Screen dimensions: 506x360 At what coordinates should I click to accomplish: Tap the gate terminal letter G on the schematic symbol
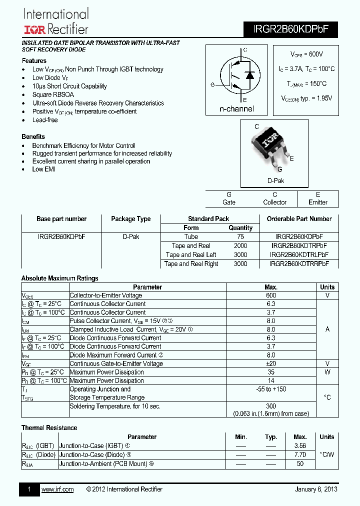pos(212,85)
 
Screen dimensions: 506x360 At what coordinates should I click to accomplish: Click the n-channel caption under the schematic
pos(236,109)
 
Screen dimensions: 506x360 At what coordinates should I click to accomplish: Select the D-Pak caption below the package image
pos(275,181)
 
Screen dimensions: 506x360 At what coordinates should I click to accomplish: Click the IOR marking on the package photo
pos(272,142)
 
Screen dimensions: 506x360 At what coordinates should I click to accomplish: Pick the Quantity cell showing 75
pos(240,236)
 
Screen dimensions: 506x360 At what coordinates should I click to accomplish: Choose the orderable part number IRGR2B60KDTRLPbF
pos(299,254)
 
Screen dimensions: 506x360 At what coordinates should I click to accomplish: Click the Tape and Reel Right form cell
pos(191,263)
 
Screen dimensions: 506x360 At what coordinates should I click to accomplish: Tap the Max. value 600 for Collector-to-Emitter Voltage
pos(271,295)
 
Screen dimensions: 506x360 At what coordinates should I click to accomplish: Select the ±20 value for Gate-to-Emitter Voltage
pos(271,363)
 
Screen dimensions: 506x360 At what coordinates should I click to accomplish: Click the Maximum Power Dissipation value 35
pos(271,372)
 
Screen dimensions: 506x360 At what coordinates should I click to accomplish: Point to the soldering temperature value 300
pos(271,406)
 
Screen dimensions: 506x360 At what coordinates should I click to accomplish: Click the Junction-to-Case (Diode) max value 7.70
pos(300,454)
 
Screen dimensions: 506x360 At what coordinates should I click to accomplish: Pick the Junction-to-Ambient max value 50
pos(300,463)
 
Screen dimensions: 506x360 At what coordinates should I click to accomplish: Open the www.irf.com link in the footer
pos(57,489)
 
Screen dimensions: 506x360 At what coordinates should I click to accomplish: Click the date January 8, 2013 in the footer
pos(316,489)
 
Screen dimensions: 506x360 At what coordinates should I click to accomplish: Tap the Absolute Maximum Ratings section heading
pos(60,278)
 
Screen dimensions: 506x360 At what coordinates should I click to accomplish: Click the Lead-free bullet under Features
pos(45,120)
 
